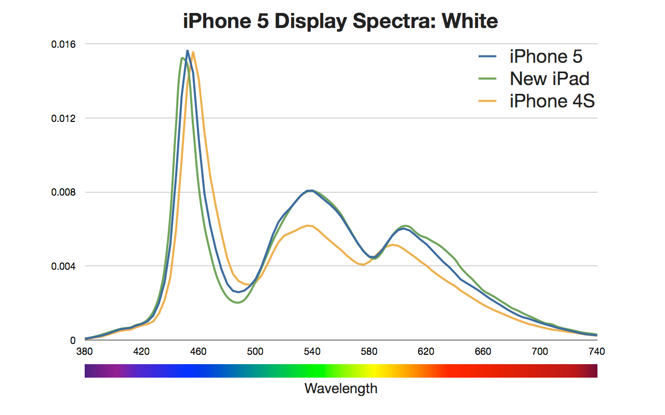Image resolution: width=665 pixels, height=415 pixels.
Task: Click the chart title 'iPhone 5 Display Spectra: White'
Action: (x=340, y=21)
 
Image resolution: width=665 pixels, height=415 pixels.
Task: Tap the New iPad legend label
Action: (x=550, y=79)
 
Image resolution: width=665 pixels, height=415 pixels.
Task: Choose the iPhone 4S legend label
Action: (x=552, y=101)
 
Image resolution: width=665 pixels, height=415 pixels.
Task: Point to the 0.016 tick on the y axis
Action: (x=63, y=44)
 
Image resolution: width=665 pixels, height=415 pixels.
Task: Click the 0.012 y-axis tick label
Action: (x=63, y=118)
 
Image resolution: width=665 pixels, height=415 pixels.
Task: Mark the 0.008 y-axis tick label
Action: (x=63, y=192)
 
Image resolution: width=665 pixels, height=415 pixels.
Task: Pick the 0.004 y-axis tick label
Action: (x=63, y=267)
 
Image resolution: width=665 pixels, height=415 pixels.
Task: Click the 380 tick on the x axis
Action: (x=85, y=351)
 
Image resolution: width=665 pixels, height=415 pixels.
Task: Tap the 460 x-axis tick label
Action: (x=198, y=351)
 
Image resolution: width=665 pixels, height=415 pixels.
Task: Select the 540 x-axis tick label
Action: (x=312, y=351)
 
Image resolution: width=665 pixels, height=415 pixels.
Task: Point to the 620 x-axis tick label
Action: (x=426, y=351)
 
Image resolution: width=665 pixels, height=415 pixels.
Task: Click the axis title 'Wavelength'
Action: (x=341, y=388)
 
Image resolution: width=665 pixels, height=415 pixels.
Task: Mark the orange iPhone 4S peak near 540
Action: (x=309, y=226)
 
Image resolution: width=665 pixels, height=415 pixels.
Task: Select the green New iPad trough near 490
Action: (x=238, y=302)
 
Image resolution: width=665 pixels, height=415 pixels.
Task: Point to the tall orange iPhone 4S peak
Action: (x=193, y=52)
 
